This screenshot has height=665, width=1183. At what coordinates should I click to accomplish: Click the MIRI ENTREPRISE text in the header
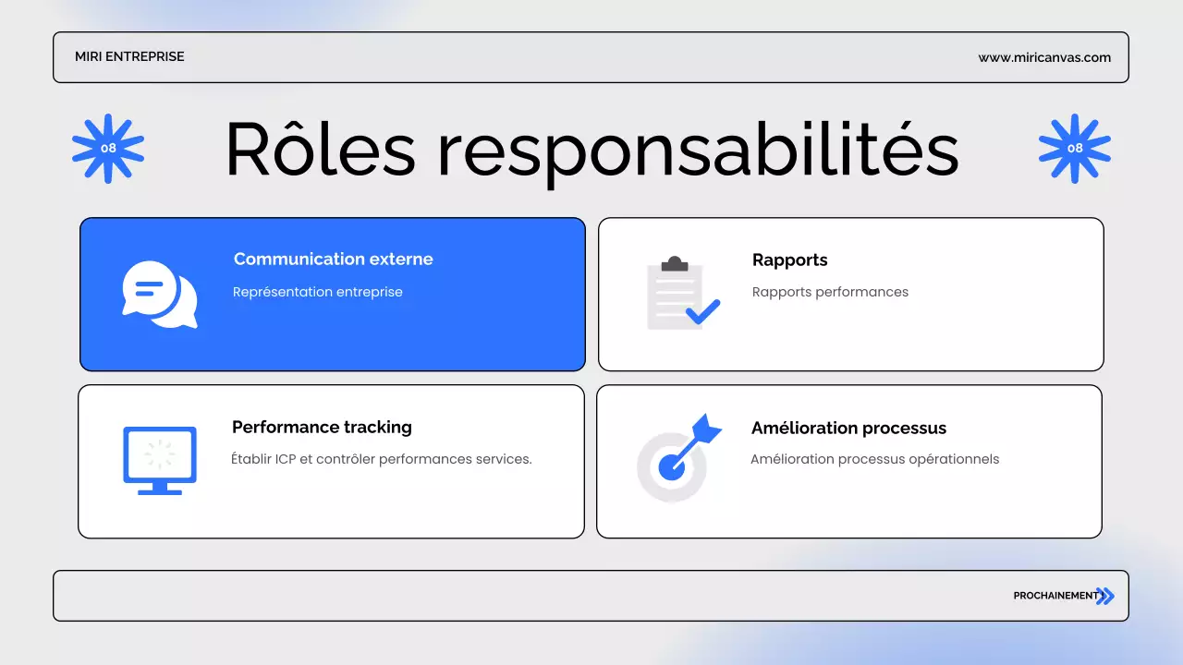coord(129,57)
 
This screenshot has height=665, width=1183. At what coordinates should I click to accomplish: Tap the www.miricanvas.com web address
coord(1044,57)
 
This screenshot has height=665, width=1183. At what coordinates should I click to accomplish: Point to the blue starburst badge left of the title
coord(108,148)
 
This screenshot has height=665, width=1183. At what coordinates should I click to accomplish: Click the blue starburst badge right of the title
coord(1074,148)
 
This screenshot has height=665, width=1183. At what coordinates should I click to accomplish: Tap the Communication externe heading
coord(333,260)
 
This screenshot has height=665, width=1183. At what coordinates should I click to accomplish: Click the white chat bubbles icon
coord(160,295)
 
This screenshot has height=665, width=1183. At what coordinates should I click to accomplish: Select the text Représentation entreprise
coord(317,292)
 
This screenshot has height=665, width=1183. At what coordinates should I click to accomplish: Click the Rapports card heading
coord(789,260)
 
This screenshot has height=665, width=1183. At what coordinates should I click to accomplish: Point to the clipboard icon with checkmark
coord(682,294)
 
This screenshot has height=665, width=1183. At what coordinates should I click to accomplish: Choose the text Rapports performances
coord(830,292)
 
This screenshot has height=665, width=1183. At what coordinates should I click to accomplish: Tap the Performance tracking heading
coord(322,428)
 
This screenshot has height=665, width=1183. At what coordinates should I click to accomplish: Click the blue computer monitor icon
coord(160,460)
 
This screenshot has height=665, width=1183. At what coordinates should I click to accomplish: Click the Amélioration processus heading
coord(848,429)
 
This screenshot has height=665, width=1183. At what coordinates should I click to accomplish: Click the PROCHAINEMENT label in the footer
coord(1055,596)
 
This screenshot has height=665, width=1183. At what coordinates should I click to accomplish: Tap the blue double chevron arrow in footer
coord(1105,596)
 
